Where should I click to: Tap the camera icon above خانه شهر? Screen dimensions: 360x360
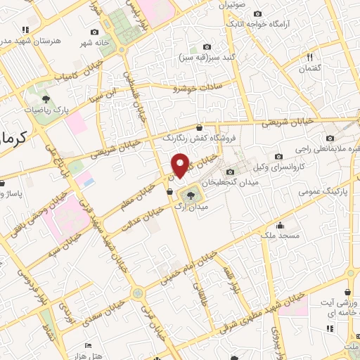pos(95,32)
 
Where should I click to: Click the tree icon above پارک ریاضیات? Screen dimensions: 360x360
pos(46,98)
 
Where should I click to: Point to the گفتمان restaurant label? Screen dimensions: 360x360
pos(309,69)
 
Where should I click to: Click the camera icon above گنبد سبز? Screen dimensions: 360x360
pos(206,46)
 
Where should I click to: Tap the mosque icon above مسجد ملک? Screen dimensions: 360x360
pos(281,226)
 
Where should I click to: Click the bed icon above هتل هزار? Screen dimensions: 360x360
pos(87,345)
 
